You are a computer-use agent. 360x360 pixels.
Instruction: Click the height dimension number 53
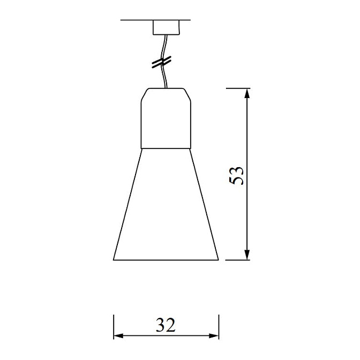[x=236, y=175]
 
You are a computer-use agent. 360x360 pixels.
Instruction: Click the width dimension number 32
[x=166, y=325]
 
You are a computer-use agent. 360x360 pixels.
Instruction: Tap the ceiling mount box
[x=166, y=27]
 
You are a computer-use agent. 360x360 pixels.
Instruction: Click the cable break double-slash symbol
[x=162, y=62]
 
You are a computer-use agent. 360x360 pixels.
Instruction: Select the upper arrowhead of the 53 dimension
[x=247, y=94]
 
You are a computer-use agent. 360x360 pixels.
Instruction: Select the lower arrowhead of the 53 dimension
[x=247, y=255]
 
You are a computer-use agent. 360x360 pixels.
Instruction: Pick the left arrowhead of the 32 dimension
[x=119, y=336]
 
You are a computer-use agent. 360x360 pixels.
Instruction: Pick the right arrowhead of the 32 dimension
[x=214, y=336]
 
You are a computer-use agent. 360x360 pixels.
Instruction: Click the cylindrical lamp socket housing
[x=166, y=118]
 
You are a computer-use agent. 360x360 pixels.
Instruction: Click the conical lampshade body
[x=166, y=204]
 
